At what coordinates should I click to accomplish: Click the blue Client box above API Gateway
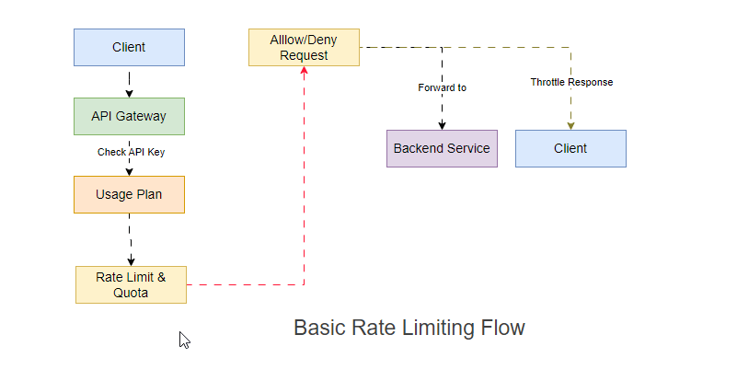coord(129,47)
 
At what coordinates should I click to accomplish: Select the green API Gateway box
coord(129,116)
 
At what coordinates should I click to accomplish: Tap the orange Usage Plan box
coord(129,194)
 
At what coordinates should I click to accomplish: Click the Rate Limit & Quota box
coord(131,284)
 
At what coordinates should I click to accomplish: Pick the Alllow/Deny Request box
coord(304,47)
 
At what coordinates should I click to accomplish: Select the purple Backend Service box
coord(442,148)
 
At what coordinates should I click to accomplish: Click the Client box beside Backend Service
coord(570,148)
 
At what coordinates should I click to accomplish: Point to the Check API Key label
coord(131,152)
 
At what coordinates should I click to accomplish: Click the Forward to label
coord(442,87)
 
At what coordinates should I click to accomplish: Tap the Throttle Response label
coord(571,82)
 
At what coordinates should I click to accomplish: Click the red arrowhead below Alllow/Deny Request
coord(304,72)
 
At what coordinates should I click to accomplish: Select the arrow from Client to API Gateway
coord(129,81)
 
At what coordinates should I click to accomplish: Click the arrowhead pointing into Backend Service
coord(442,124)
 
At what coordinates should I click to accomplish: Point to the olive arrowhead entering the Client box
coord(570,124)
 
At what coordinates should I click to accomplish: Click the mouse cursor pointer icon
coord(184,340)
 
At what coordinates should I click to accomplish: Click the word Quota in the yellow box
coord(131,294)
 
